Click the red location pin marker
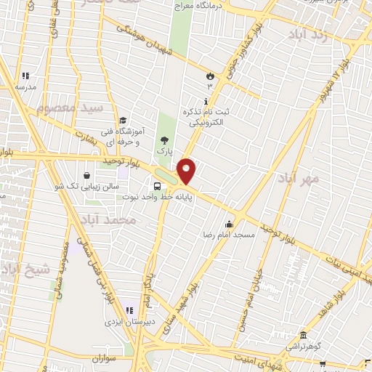[x=187, y=171]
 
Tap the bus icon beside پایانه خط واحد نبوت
[x=158, y=185]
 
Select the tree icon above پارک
[x=166, y=141]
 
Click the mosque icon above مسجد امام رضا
[x=230, y=223]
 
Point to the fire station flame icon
[x=210, y=75]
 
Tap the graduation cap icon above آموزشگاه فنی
[x=123, y=121]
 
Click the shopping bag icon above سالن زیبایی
[x=87, y=175]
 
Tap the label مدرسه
[x=26, y=86]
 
